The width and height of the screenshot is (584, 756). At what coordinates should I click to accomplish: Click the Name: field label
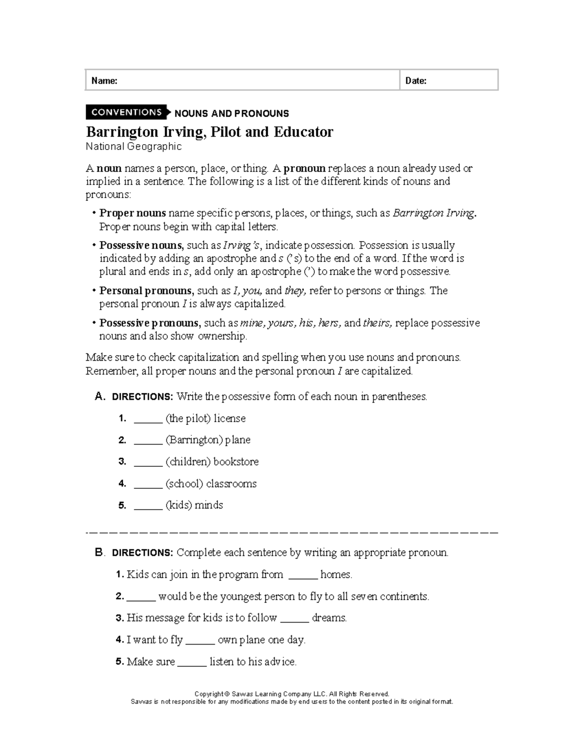tap(104, 81)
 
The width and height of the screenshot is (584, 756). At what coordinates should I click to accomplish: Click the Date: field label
tap(416, 81)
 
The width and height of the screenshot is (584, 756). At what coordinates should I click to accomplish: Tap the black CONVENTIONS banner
tap(126, 112)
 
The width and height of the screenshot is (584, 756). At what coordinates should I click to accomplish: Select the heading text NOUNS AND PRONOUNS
tap(232, 113)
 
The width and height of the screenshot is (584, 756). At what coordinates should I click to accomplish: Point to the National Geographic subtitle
tap(133, 147)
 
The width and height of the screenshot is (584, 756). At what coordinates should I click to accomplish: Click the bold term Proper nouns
tap(132, 213)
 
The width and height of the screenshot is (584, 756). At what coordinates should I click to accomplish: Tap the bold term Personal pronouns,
tap(146, 291)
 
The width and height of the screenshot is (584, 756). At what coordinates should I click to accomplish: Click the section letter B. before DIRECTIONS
tap(100, 553)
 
